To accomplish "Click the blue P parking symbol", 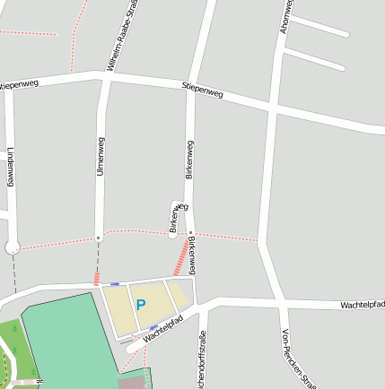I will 141,305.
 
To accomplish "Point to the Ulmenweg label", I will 101,156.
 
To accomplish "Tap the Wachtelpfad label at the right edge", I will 363,305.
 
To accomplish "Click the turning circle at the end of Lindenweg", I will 13,246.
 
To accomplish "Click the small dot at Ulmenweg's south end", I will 99,238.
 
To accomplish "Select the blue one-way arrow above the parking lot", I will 115,283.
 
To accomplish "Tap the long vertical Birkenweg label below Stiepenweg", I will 189,160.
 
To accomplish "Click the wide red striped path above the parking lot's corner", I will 182,256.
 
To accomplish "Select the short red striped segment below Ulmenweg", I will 97,278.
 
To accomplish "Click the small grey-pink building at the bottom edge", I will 131,383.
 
